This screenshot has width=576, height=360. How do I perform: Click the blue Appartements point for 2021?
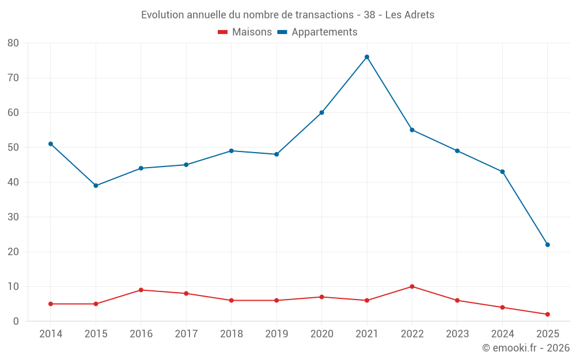coord(367,57)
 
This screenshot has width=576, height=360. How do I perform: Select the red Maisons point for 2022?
coord(412,286)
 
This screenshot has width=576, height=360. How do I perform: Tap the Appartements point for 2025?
coord(547,245)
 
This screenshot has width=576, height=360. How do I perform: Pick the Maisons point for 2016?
coord(141,290)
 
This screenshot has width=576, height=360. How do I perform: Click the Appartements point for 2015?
coord(96,185)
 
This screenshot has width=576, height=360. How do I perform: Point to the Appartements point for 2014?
coord(51,144)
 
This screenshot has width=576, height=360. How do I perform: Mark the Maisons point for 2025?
coord(547,314)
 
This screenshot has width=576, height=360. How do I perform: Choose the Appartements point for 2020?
coord(321,112)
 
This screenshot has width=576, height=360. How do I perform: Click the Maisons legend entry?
coord(245,32)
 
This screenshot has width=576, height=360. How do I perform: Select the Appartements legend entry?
coord(317,32)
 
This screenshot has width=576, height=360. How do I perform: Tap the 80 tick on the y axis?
coord(13,43)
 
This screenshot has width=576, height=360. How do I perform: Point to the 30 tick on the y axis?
coord(13,217)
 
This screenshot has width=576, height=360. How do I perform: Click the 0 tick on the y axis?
coord(16,321)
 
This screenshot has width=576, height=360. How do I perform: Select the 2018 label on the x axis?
coord(232,334)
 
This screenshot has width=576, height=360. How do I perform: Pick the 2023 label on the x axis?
coord(457,334)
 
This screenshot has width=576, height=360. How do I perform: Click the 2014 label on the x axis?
coord(51,334)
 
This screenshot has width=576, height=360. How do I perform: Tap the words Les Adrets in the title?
coord(410,14)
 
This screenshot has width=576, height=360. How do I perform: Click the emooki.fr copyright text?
coord(525,348)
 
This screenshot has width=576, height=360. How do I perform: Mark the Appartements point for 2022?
coord(412,130)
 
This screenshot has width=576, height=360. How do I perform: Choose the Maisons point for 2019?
coord(276,300)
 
